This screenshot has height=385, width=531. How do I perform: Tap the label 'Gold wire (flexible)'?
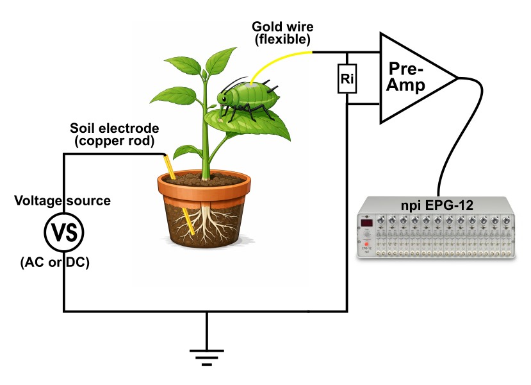tap(281, 33)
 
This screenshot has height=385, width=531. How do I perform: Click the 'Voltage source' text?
tap(63, 201)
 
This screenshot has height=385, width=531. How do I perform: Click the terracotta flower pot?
tap(204, 212)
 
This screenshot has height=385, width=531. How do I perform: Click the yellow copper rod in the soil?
tap(180, 193)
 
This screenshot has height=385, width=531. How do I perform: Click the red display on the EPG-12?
tap(368, 223)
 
